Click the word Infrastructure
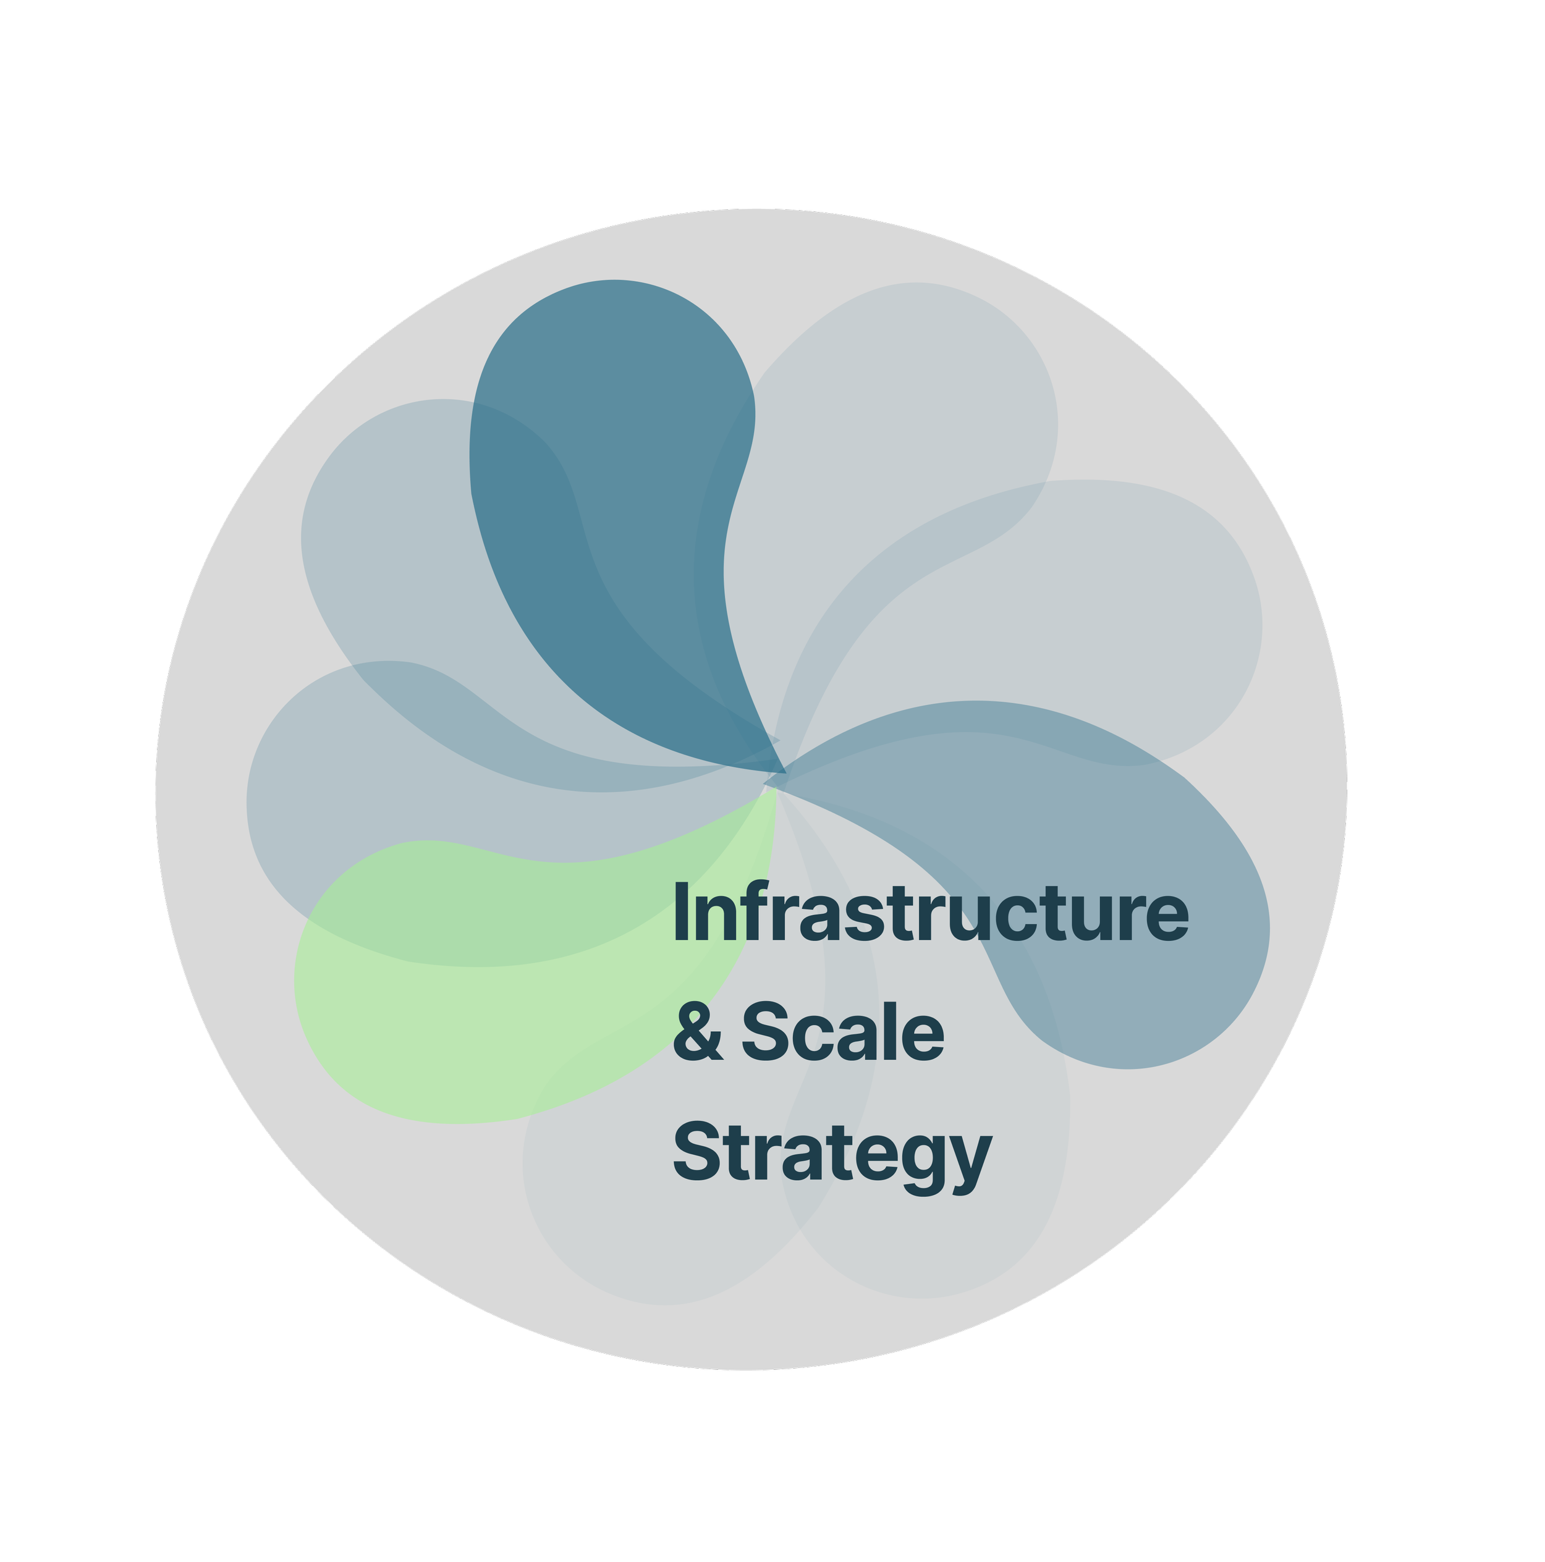929,914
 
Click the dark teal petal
614,453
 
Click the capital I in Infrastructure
681,914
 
